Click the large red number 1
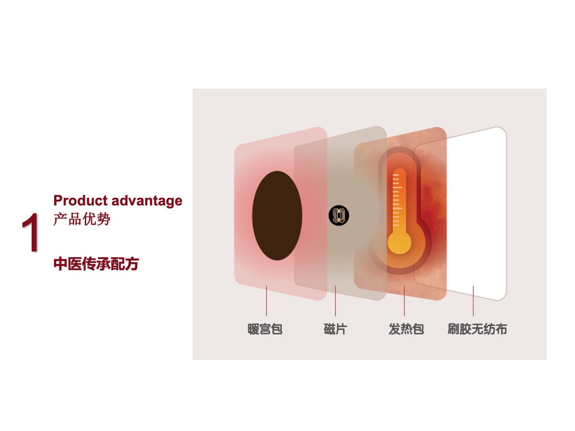coord(30,232)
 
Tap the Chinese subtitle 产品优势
coord(82,219)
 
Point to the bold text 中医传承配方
coord(96,263)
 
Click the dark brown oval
coord(277,215)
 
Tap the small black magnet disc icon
coord(339,215)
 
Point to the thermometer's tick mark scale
coord(397,200)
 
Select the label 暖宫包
coord(265,329)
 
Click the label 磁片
coord(335,329)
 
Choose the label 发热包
coord(406,329)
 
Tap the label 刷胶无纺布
coord(477,329)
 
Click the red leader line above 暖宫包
coord(266,301)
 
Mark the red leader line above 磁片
coord(335,301)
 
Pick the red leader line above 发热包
coord(404,301)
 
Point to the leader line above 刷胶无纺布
coord(473,301)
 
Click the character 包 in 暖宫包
coord(277,329)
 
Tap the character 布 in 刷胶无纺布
coord(501,329)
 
